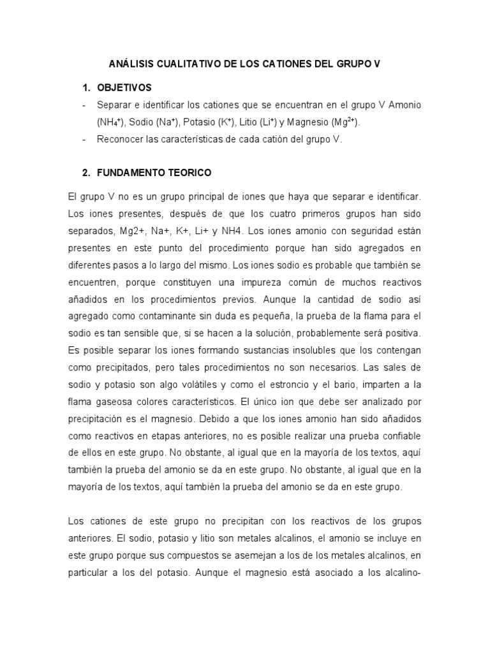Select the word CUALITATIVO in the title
click(192, 65)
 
